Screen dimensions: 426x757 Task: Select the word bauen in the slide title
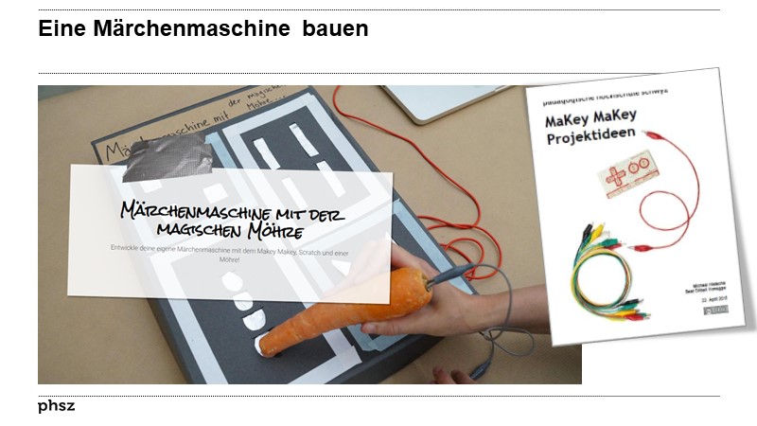(335, 29)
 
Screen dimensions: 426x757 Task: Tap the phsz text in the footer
(56, 406)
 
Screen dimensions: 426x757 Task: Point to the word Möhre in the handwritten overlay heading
(273, 230)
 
